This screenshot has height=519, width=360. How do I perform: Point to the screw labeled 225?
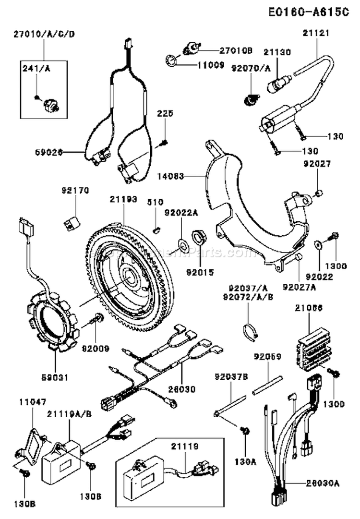point(165,143)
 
